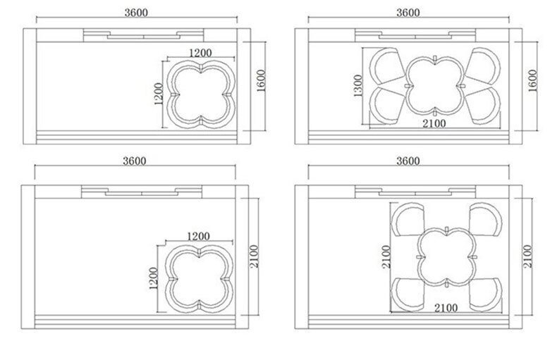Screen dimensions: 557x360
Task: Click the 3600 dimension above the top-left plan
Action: point(136,13)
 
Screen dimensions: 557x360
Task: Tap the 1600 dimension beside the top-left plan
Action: point(261,81)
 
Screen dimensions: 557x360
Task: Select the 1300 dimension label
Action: point(358,85)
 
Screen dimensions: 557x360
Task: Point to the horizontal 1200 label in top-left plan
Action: point(200,53)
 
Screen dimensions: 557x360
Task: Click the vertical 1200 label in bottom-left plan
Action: point(153,278)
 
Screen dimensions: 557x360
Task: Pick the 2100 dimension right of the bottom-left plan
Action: point(254,256)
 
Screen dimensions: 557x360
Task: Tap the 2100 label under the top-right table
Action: point(434,123)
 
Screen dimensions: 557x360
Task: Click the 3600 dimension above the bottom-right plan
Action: point(408,161)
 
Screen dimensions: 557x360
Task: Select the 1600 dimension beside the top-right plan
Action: point(533,81)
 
